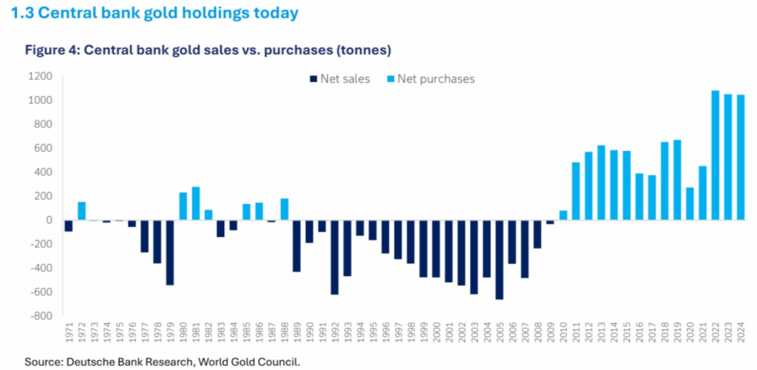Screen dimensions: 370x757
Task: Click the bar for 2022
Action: (x=715, y=155)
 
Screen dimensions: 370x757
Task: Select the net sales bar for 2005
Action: (x=499, y=260)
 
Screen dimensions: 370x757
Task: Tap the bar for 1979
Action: (x=170, y=252)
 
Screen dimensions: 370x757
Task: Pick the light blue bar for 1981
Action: (x=196, y=203)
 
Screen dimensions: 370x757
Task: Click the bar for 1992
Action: (x=335, y=258)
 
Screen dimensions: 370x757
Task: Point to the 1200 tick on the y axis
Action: (x=40, y=76)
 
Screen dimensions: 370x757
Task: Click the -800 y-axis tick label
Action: (x=40, y=316)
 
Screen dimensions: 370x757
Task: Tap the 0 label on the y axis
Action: (x=48, y=221)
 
